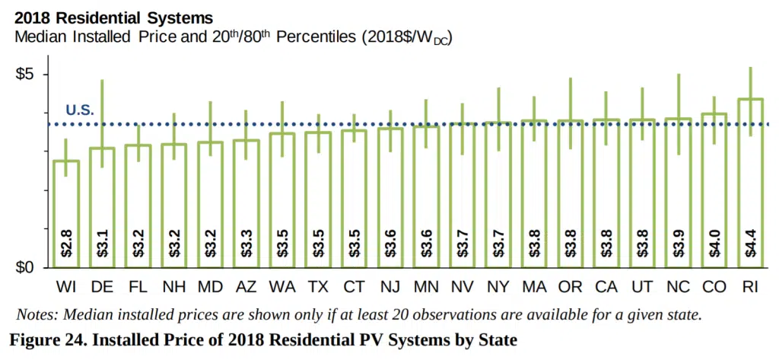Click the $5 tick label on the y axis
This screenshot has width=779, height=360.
(x=27, y=75)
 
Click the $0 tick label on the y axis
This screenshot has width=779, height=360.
(x=27, y=268)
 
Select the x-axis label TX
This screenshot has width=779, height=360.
(x=318, y=288)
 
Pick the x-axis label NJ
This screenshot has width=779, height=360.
(x=390, y=288)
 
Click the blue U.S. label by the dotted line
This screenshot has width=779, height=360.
(x=79, y=110)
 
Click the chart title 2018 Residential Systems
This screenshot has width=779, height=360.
(x=114, y=16)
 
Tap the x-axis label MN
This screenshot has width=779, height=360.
(x=426, y=288)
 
